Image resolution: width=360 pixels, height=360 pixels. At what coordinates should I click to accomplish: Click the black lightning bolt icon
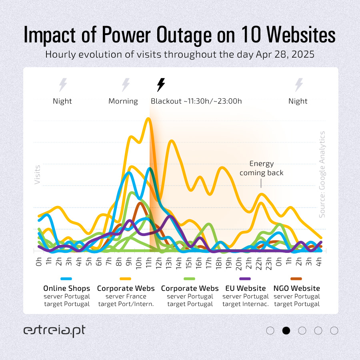pos(161,85)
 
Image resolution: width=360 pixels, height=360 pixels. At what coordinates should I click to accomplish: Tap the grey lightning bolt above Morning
pos(126,85)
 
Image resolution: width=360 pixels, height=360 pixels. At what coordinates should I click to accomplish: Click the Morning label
pos(123,101)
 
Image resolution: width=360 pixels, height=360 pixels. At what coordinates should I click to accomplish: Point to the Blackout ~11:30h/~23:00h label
pos(196,101)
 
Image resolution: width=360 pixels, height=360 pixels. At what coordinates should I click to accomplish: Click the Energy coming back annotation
pos(261,168)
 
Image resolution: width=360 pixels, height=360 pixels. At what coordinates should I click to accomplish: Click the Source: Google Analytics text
pos(322,174)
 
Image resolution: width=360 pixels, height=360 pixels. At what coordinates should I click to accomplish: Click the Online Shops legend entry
pos(66,288)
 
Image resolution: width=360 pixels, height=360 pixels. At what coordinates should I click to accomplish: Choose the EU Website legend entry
pos(246,288)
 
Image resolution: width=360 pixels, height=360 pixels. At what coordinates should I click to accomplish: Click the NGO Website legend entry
pos(296,288)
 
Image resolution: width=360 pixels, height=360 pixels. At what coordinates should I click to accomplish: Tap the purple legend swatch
pos(245,278)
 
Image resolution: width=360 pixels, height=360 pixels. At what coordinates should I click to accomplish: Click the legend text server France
pos(126,296)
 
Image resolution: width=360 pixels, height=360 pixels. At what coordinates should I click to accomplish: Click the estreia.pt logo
pos(54,331)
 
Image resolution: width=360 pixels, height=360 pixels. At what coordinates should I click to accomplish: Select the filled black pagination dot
pos(286,330)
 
